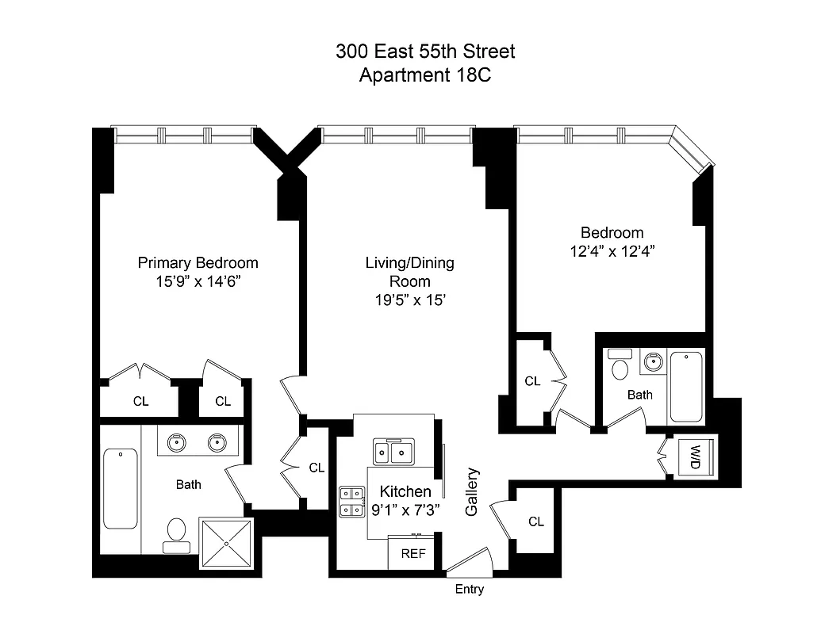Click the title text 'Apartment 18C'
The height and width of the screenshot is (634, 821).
coord(425,75)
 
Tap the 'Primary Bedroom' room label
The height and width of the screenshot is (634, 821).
coord(198,263)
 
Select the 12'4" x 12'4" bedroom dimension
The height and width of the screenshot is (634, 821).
coord(612,250)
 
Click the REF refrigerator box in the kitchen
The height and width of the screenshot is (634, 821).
coord(413,554)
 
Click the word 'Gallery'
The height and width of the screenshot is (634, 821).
coord(472,492)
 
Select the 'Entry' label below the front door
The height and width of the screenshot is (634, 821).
coord(469,590)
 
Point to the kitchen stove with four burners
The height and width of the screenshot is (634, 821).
coord(349,501)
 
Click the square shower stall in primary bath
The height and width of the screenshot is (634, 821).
coord(225,544)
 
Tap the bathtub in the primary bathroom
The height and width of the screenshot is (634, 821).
coord(120,489)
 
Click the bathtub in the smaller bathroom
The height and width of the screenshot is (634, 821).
coord(686,387)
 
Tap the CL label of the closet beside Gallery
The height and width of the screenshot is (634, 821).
coord(536,521)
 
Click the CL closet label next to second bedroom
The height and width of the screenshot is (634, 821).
coord(532,381)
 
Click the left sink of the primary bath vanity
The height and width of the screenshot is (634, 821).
coord(177,443)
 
